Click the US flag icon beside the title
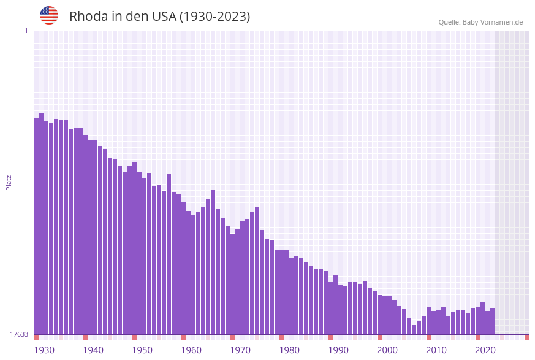click(49, 15)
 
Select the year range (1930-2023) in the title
click(214, 17)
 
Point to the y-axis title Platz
click(9, 182)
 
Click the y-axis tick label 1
click(26, 31)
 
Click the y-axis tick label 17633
click(19, 334)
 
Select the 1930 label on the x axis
click(44, 350)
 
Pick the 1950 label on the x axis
click(142, 350)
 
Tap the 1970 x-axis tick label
click(240, 350)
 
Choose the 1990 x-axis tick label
click(338, 350)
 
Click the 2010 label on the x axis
click(436, 350)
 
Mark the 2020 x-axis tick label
click(485, 350)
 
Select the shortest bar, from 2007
click(414, 330)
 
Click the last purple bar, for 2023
click(492, 321)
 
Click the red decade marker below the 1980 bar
click(281, 337)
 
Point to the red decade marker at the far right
click(526, 337)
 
